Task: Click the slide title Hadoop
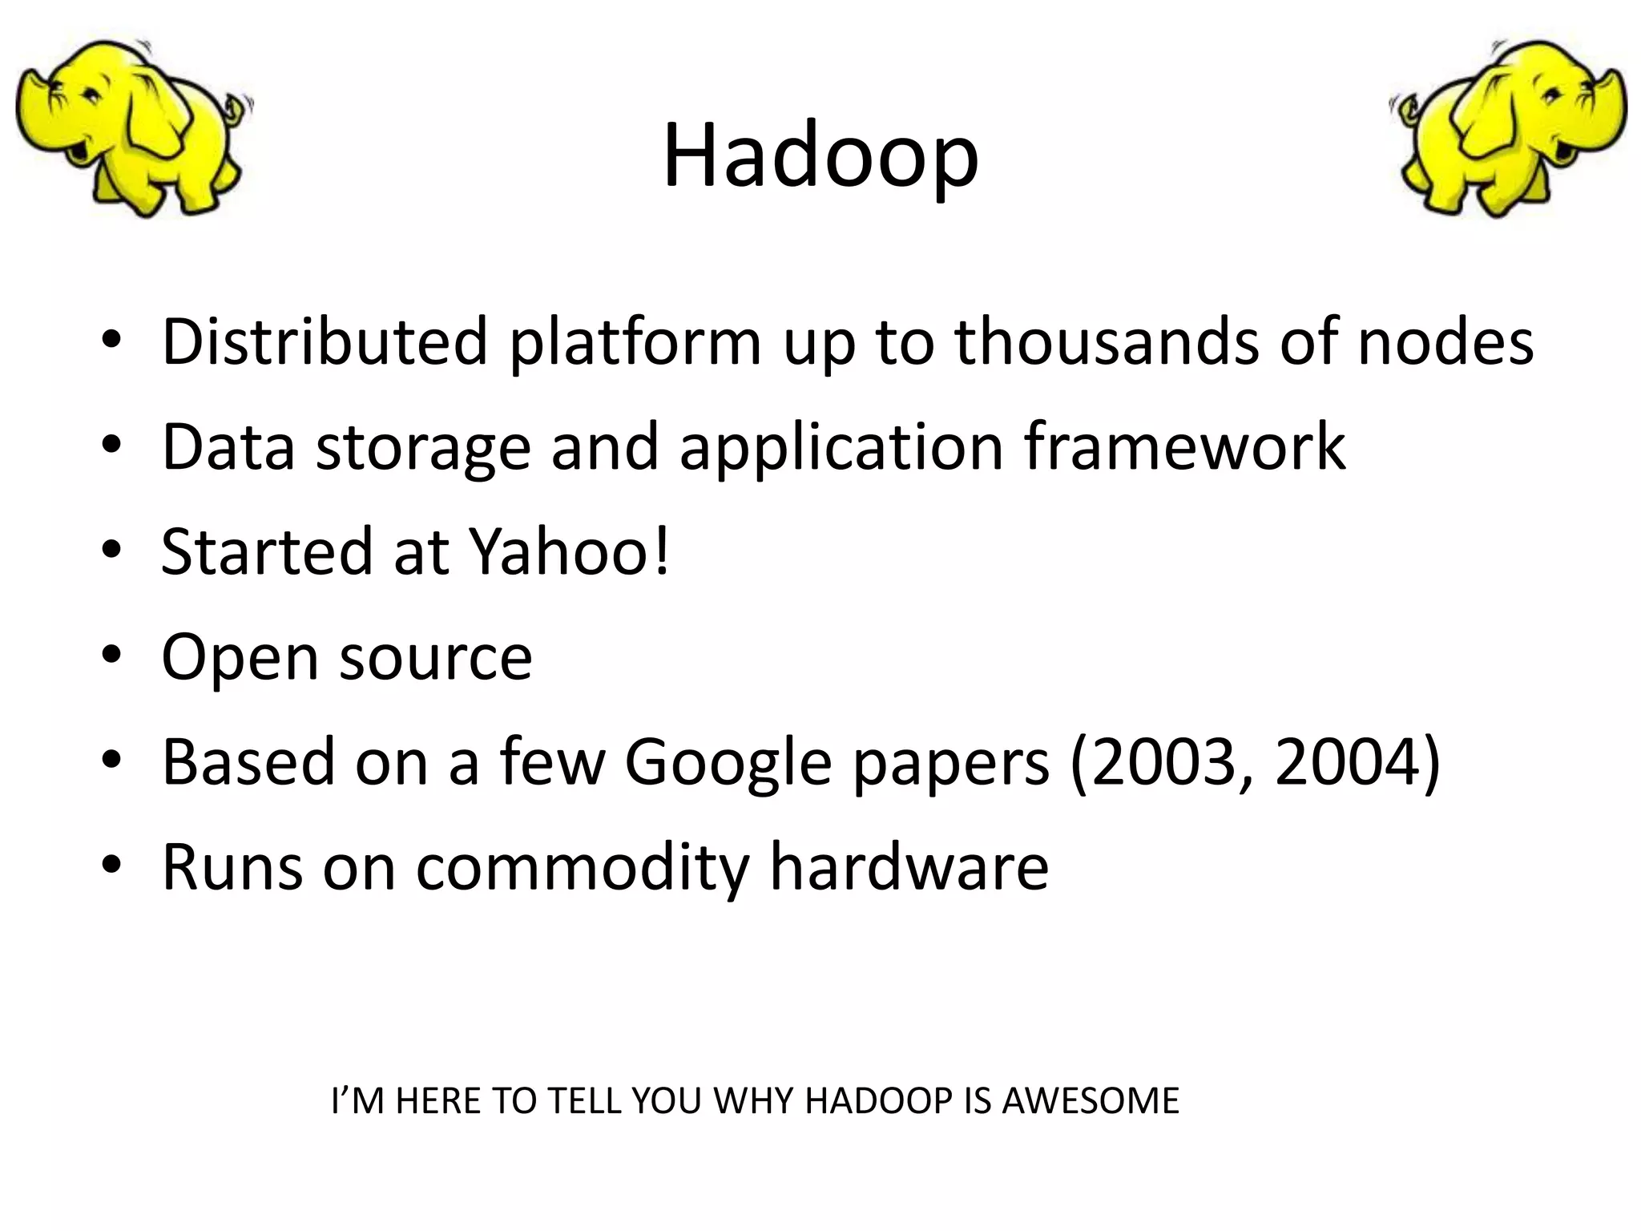coord(820,156)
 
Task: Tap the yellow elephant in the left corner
coord(132,128)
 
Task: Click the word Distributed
coord(325,341)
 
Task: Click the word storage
coord(423,447)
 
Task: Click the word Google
coord(728,763)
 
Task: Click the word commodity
coord(583,869)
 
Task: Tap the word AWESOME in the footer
coord(1091,1101)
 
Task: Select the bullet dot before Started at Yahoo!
coord(111,550)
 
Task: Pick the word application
coord(841,447)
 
